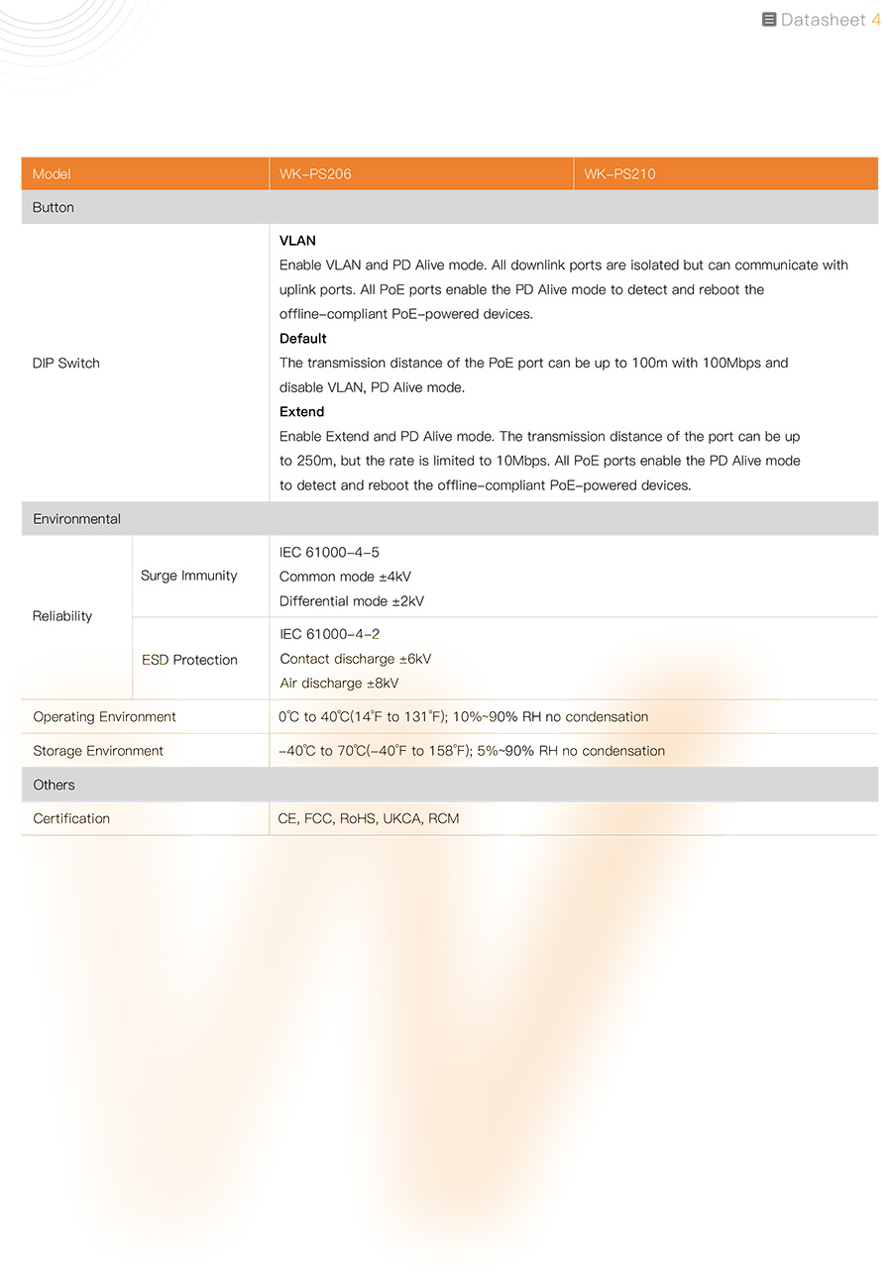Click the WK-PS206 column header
point(315,174)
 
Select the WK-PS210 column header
point(619,174)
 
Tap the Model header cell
point(52,174)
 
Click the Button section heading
point(54,208)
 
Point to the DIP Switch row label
point(66,364)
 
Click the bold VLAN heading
point(297,241)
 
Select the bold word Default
point(303,339)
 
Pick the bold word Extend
point(302,412)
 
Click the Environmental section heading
point(77,519)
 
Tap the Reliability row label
point(62,616)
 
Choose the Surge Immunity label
point(189,576)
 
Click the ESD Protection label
point(189,660)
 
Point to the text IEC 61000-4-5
point(329,552)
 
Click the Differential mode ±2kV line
point(352,601)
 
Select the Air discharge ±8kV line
point(339,684)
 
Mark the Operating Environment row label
point(104,717)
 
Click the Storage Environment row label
point(98,751)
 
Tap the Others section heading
point(54,785)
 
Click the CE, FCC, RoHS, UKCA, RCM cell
point(369,818)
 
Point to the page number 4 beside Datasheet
point(875,20)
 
